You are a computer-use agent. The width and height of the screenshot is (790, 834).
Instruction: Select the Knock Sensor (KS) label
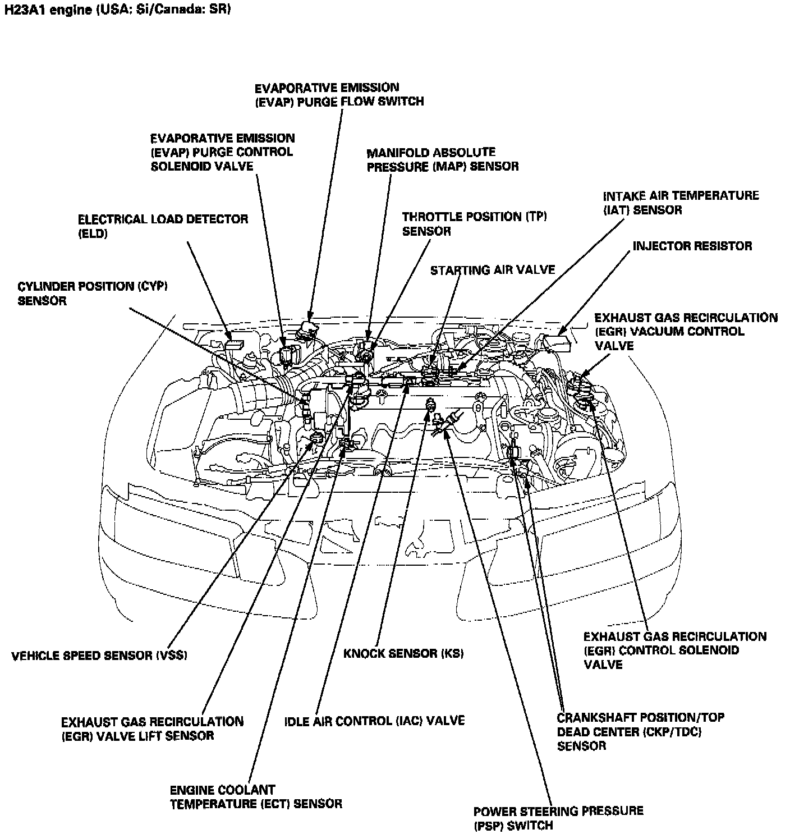click(x=403, y=653)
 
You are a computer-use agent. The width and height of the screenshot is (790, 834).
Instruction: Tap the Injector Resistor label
click(x=692, y=246)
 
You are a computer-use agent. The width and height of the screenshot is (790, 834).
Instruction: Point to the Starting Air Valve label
click(x=492, y=270)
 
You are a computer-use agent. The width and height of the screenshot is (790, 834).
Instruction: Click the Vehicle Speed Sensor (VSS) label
click(x=99, y=655)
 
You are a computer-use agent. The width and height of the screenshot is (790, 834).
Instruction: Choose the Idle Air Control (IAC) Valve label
click(x=374, y=721)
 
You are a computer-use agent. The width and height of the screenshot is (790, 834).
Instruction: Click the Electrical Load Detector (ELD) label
click(x=163, y=226)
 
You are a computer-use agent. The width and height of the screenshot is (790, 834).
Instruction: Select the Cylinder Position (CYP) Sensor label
click(x=93, y=293)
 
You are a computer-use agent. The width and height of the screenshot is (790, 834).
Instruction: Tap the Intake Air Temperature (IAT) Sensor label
click(x=680, y=203)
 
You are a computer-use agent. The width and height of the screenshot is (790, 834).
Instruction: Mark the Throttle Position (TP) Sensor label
click(x=474, y=223)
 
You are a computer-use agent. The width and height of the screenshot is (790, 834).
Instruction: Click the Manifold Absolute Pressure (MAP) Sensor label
click(x=442, y=159)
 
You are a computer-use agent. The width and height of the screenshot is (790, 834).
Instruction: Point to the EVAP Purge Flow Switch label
click(x=339, y=94)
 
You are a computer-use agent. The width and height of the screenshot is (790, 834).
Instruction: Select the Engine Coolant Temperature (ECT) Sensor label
click(x=255, y=797)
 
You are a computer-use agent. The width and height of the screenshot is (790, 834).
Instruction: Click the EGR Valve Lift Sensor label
click(x=152, y=728)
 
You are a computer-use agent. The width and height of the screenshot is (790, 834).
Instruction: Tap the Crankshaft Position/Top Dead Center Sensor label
click(x=640, y=731)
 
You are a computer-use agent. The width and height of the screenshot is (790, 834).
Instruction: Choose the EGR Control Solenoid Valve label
click(x=674, y=650)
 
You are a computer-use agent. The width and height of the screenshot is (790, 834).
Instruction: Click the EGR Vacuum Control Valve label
click(x=686, y=331)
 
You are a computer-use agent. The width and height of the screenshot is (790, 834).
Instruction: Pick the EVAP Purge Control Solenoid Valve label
click(x=222, y=152)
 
